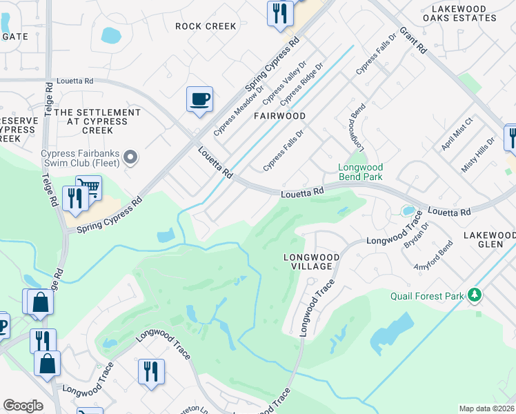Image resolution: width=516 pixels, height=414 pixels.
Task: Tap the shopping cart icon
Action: click(x=88, y=188)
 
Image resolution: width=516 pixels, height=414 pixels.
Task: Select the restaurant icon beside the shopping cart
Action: click(x=72, y=199)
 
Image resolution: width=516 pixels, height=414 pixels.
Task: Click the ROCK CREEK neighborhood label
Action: click(x=206, y=26)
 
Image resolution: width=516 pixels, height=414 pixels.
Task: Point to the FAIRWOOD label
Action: click(x=279, y=116)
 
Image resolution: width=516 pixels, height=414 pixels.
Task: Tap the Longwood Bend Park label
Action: click(x=360, y=172)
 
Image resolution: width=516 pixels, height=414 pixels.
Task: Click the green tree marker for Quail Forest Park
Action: click(x=474, y=295)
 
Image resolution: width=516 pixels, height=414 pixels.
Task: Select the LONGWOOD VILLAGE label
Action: click(x=312, y=262)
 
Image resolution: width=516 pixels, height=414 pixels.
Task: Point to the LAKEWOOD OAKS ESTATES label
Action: click(x=468, y=14)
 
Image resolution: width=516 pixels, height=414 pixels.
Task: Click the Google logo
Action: click(x=23, y=405)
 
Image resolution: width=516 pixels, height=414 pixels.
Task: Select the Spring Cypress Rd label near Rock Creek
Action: click(x=273, y=63)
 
